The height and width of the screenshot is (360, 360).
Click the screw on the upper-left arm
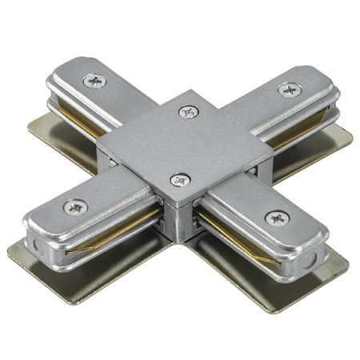(x=97, y=80)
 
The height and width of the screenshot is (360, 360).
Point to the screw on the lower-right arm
(x=276, y=217)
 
